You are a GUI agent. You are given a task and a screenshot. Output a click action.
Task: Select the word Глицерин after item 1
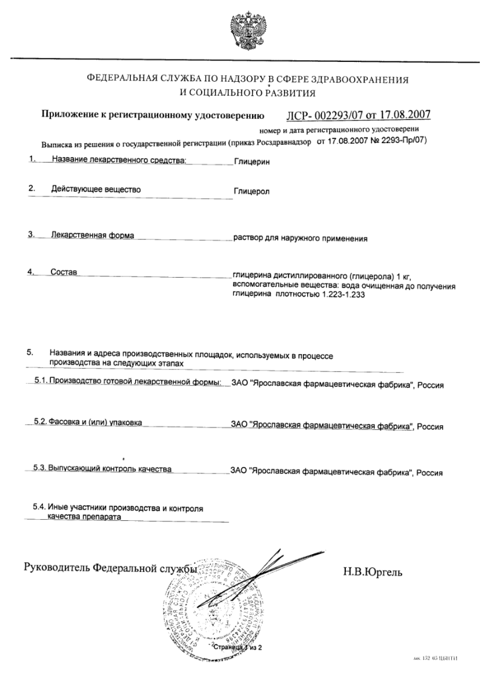[x=251, y=163]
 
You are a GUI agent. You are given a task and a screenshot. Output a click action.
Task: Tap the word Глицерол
[x=251, y=192]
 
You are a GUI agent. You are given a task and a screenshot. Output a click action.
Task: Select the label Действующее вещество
[x=96, y=190]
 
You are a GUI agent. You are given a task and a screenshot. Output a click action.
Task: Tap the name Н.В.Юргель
[x=376, y=572]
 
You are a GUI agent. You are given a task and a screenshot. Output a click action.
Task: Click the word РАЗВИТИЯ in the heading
[x=283, y=93]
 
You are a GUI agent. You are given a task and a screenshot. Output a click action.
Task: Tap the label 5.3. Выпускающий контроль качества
[x=102, y=468]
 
